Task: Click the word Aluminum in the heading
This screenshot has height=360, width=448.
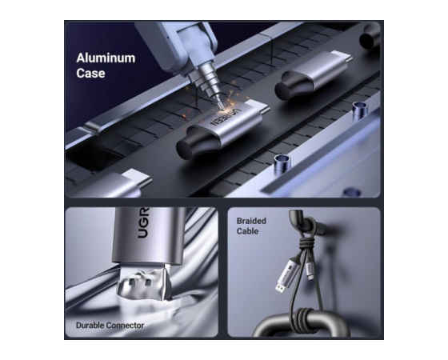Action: tap(106, 58)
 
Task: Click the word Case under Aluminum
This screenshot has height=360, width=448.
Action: tap(90, 73)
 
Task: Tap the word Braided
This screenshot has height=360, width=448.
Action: tap(251, 221)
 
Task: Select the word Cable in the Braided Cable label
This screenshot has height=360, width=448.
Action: tap(247, 231)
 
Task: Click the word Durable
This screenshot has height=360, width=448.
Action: tap(90, 325)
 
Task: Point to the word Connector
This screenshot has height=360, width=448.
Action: tap(125, 325)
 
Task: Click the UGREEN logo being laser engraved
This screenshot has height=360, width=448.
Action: tap(225, 116)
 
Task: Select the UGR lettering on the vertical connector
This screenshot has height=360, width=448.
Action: tap(143, 222)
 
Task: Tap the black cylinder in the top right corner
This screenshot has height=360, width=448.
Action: tap(370, 36)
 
